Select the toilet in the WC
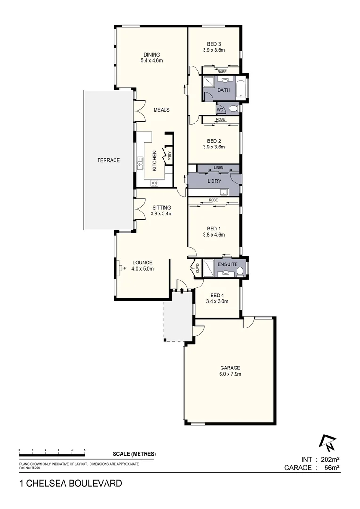click(x=232, y=109)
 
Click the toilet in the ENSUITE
click(x=240, y=271)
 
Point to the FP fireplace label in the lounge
click(x=124, y=269)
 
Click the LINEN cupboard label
click(x=218, y=168)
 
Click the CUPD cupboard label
click(x=197, y=269)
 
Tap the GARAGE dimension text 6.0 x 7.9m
click(x=230, y=374)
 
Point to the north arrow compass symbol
click(x=327, y=442)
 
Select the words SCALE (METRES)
click(x=134, y=454)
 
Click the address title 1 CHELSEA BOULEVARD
click(x=70, y=483)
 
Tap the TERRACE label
click(x=108, y=160)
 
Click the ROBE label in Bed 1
click(x=213, y=201)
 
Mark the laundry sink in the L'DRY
click(x=224, y=191)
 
